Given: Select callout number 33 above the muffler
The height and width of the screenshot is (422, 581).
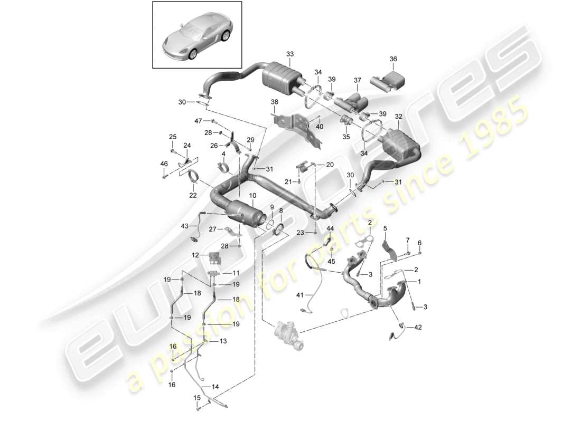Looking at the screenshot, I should (289, 54).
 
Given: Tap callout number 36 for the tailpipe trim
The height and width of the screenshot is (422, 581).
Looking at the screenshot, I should (393, 60).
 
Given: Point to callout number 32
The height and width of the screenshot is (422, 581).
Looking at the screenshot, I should (398, 117).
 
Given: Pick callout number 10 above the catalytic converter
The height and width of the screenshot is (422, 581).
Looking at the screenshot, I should (252, 195).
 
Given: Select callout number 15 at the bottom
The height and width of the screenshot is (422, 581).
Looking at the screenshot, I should (196, 397).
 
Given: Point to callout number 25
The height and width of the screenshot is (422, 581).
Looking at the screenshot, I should (172, 137).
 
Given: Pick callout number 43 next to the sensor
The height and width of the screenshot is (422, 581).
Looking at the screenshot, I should (184, 226).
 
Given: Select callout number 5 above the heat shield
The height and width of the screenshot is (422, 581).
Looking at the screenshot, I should (385, 228).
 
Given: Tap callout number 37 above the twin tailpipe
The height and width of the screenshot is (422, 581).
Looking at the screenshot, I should (358, 80).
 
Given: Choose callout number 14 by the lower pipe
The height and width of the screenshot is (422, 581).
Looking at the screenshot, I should (215, 387).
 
